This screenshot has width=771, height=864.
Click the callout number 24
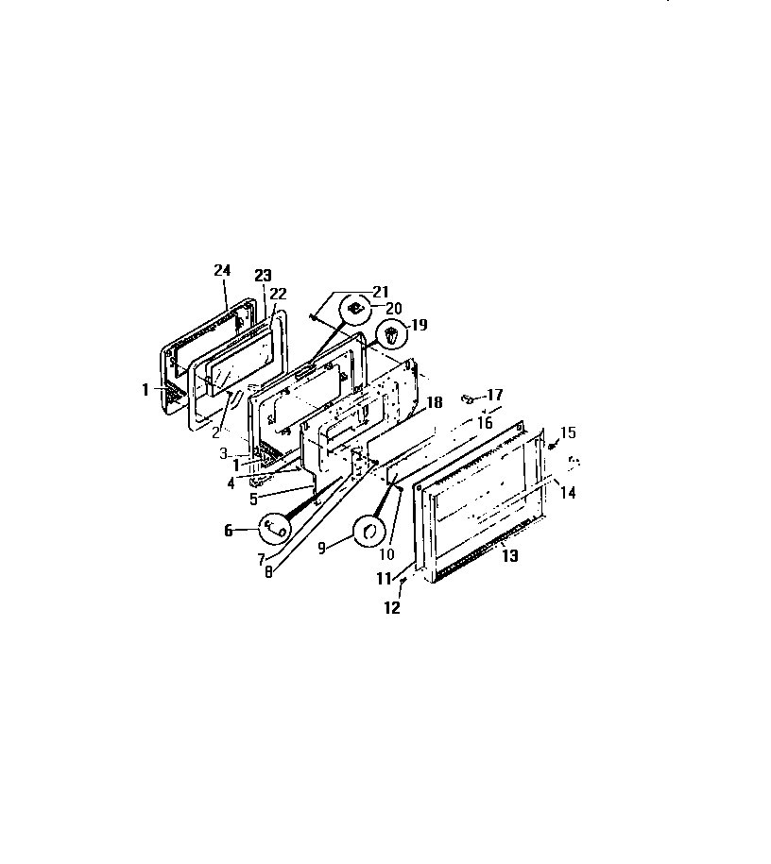(222, 270)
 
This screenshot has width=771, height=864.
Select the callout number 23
(263, 276)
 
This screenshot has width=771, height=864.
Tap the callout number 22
(278, 293)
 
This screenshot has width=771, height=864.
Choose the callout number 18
(435, 402)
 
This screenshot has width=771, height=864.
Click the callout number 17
(495, 395)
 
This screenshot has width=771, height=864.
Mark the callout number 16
(485, 423)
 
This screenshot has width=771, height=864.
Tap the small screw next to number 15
(553, 446)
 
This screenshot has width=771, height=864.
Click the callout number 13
(509, 556)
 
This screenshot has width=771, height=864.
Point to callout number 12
(392, 608)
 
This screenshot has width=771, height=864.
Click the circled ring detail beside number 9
(366, 533)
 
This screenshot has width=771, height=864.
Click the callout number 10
(387, 554)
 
